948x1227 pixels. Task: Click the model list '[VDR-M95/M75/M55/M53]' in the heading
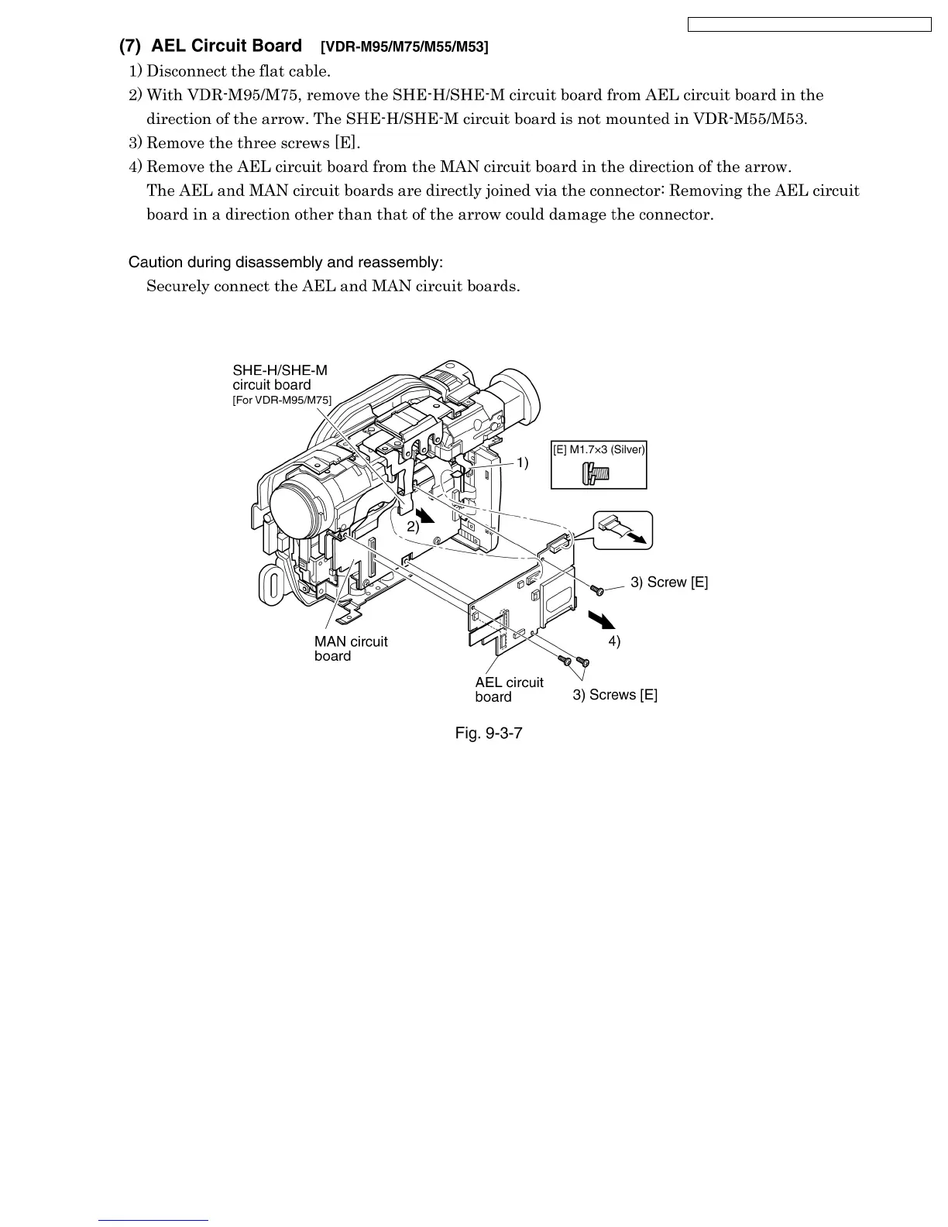pos(404,47)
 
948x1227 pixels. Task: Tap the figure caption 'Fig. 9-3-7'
pos(489,732)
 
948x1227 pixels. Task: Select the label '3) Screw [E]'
pos(668,583)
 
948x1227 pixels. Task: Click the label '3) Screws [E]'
pos(615,695)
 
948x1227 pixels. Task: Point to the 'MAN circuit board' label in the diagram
pos(350,649)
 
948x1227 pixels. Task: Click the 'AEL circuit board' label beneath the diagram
pos(509,689)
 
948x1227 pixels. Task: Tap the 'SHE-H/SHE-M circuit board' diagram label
pos(280,377)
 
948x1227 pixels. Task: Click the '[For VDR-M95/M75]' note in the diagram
pos(282,400)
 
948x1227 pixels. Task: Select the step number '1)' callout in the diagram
pos(522,463)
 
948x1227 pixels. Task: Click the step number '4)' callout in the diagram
pos(613,641)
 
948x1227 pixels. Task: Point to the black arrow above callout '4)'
pos(601,620)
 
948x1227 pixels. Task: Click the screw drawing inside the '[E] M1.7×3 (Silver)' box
pos(597,471)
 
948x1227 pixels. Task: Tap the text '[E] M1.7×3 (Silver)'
pos(599,449)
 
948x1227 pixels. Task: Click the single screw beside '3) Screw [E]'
pos(597,590)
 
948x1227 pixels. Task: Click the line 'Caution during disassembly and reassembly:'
pos(285,262)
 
